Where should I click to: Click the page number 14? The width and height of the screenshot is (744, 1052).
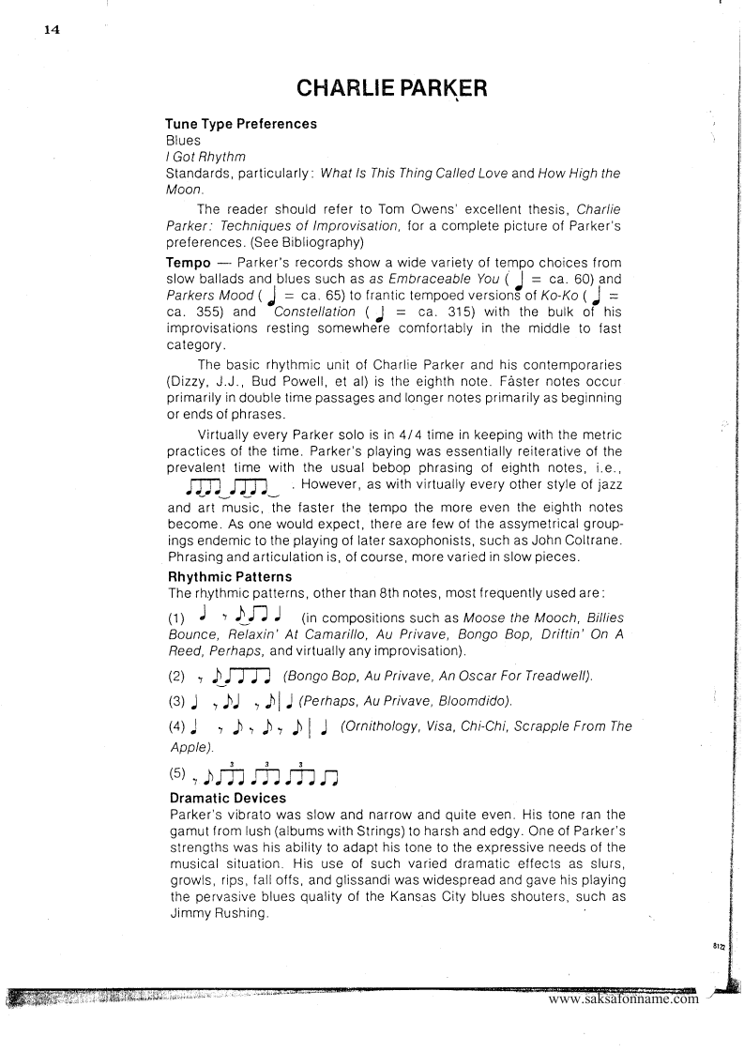click(52, 29)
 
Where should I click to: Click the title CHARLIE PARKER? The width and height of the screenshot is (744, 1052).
click(391, 88)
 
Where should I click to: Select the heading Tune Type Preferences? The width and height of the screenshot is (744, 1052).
click(241, 124)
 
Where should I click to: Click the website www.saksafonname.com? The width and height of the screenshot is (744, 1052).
click(623, 998)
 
